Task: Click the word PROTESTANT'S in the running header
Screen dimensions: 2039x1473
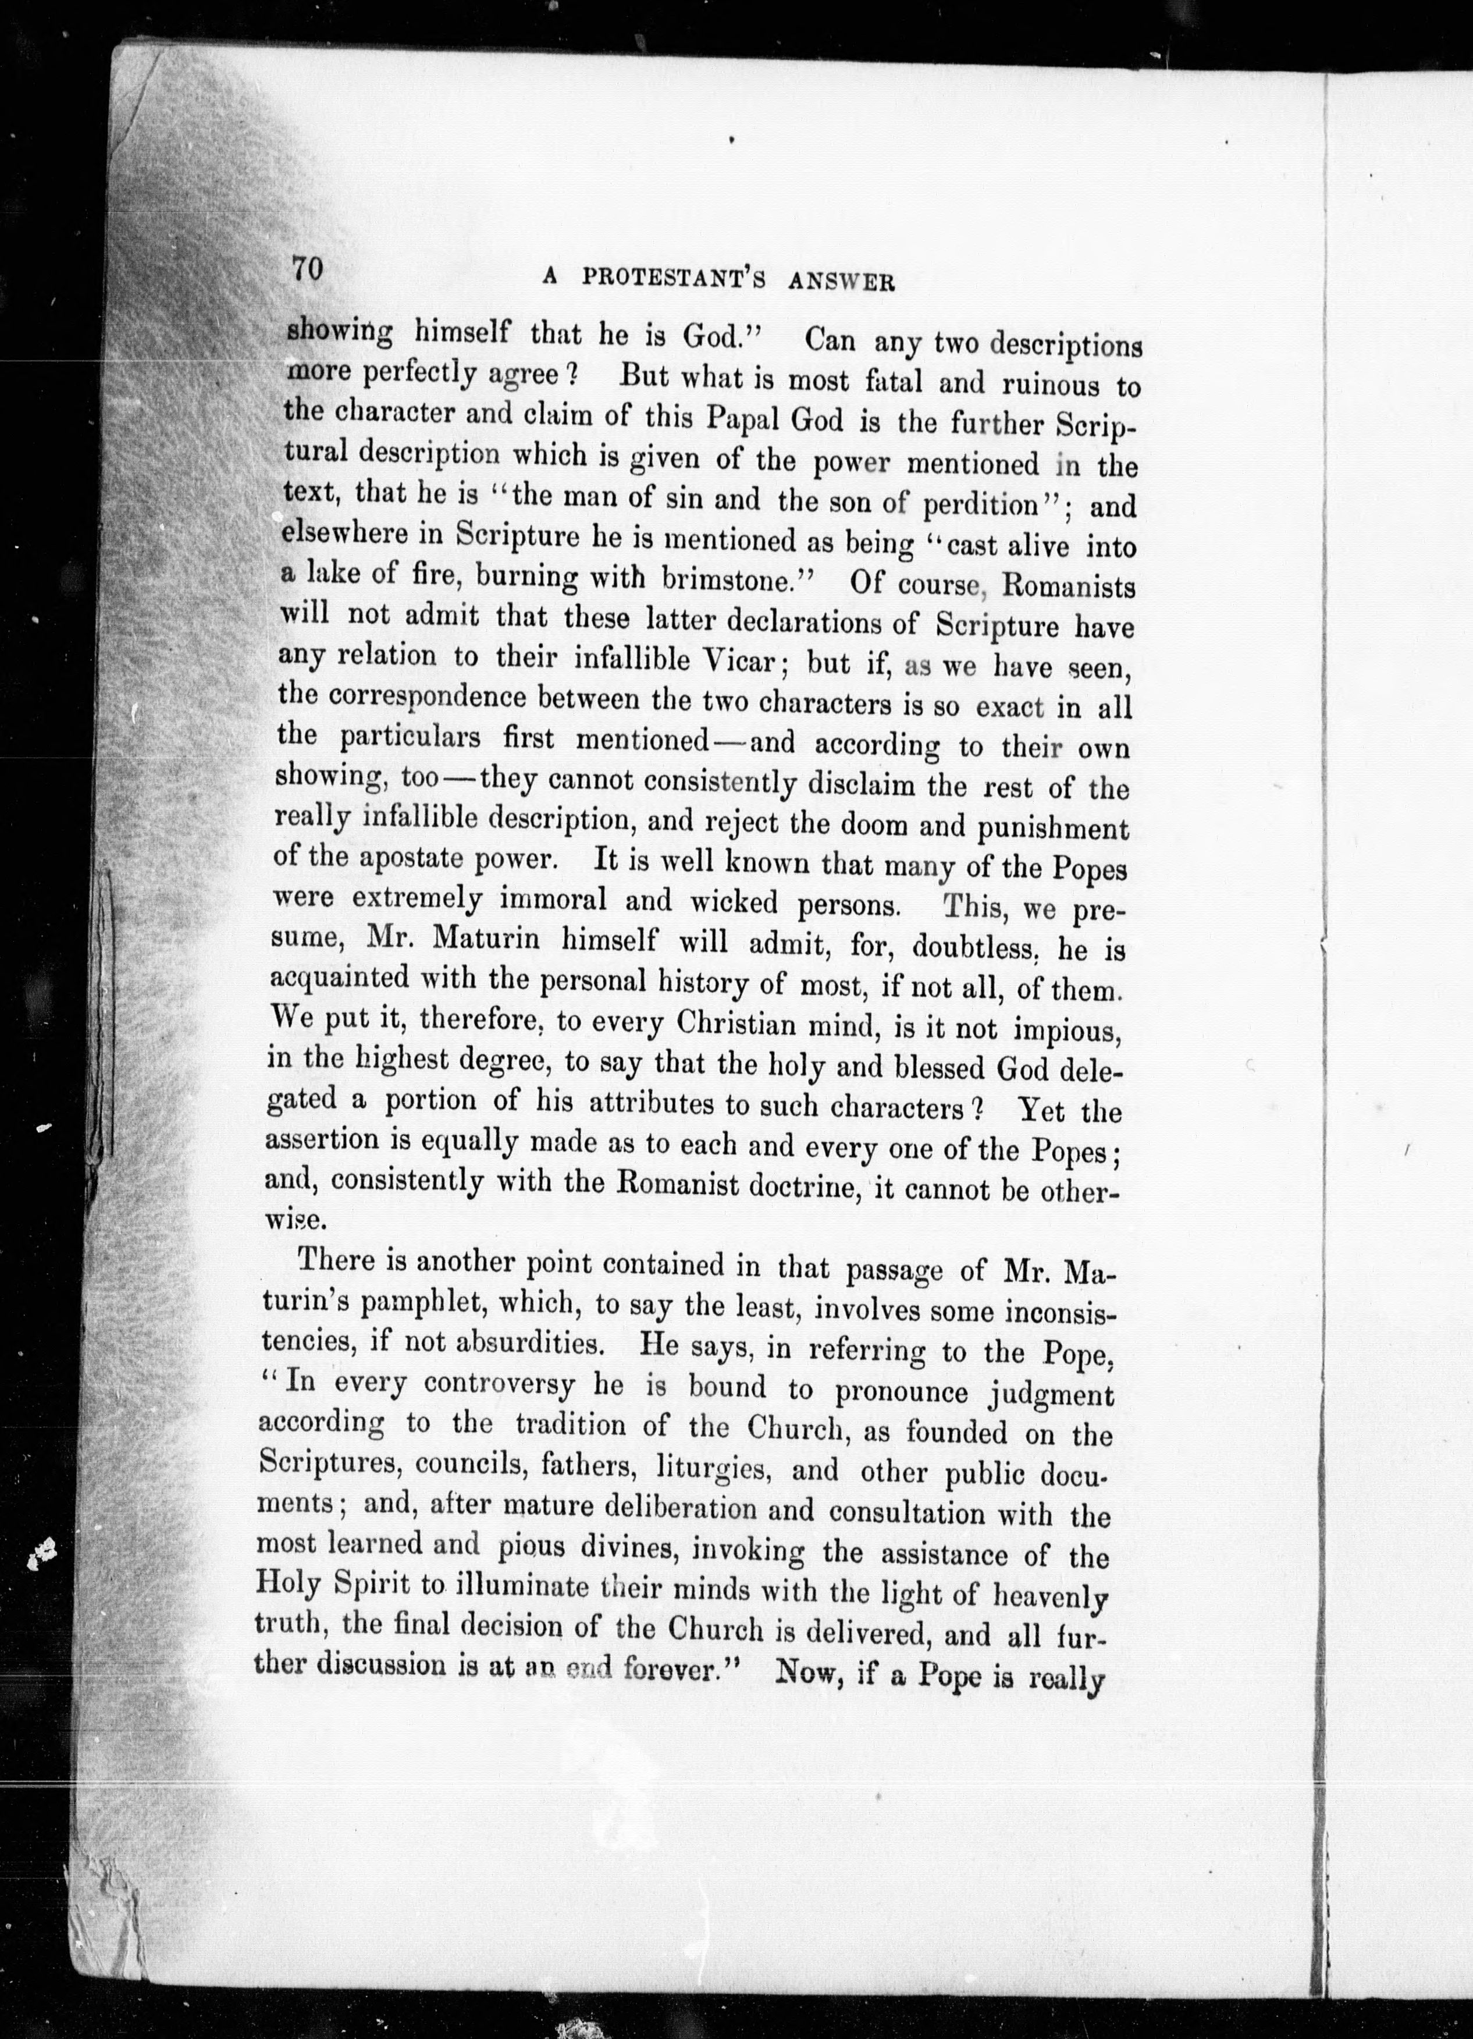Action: coord(673,279)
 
